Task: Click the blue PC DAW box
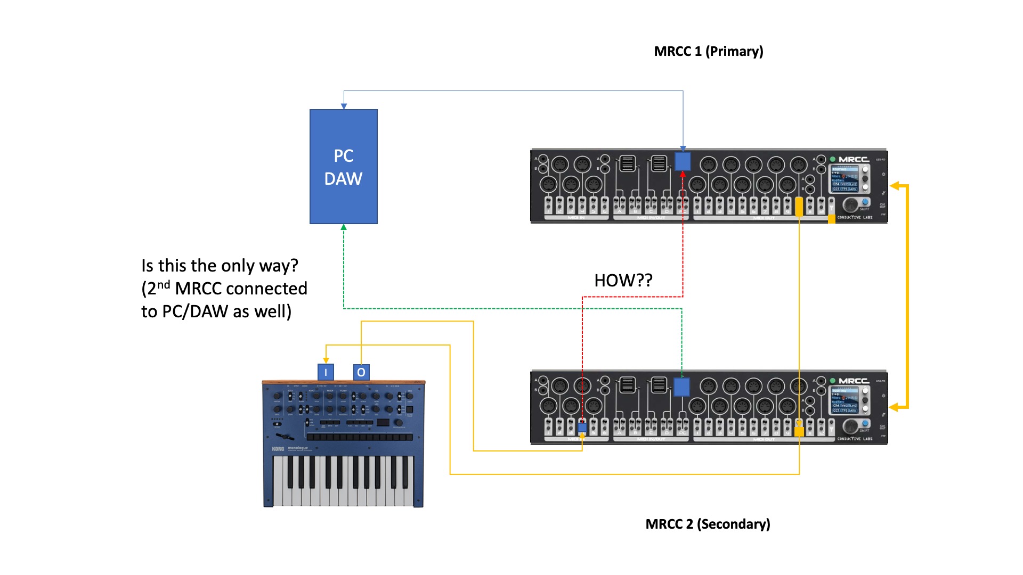[344, 167]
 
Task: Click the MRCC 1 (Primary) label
[708, 51]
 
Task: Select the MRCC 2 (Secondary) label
[708, 524]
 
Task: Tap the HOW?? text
[623, 281]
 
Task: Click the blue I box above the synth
[326, 372]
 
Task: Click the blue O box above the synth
[361, 372]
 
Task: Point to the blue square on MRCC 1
[683, 161]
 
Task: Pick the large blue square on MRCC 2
[681, 387]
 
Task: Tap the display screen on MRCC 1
[845, 178]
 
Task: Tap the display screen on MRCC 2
[845, 400]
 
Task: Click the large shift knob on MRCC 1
[851, 204]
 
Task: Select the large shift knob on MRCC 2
[851, 426]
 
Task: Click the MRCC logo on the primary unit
[854, 159]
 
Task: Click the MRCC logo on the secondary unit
[854, 381]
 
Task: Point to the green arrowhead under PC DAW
[344, 227]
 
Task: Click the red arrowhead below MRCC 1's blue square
[683, 174]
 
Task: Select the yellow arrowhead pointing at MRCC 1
[895, 186]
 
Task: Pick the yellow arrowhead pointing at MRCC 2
[895, 407]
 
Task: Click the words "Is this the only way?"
[220, 265]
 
